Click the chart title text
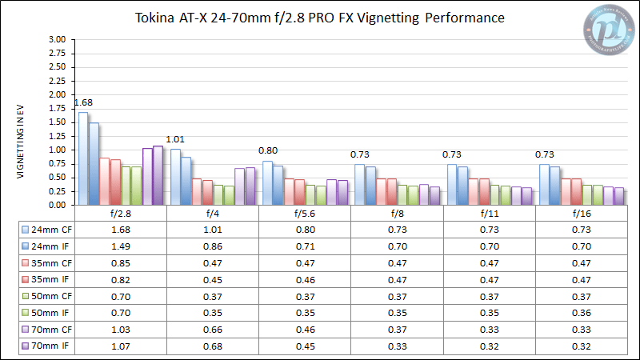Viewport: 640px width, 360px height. pyautogui.click(x=319, y=18)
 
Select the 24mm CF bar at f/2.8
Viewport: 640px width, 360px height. pyautogui.click(x=83, y=158)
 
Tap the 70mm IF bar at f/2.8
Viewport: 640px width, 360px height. pyautogui.click(x=158, y=175)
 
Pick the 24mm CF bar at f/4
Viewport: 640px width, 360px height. pyautogui.click(x=175, y=177)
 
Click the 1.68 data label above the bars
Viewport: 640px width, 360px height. pyautogui.click(x=83, y=102)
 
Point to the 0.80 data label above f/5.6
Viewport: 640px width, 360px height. pyautogui.click(x=267, y=150)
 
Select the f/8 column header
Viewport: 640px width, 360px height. pyautogui.click(x=398, y=214)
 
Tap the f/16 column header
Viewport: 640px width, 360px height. pyautogui.click(x=582, y=214)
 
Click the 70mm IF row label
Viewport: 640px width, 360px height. pyautogui.click(x=50, y=346)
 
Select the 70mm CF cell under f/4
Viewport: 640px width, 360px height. pyautogui.click(x=213, y=329)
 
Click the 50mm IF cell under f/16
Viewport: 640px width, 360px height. pyautogui.click(x=582, y=312)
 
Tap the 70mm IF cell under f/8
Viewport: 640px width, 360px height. pyautogui.click(x=398, y=346)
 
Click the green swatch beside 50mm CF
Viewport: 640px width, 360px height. pyautogui.click(x=26, y=295)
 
